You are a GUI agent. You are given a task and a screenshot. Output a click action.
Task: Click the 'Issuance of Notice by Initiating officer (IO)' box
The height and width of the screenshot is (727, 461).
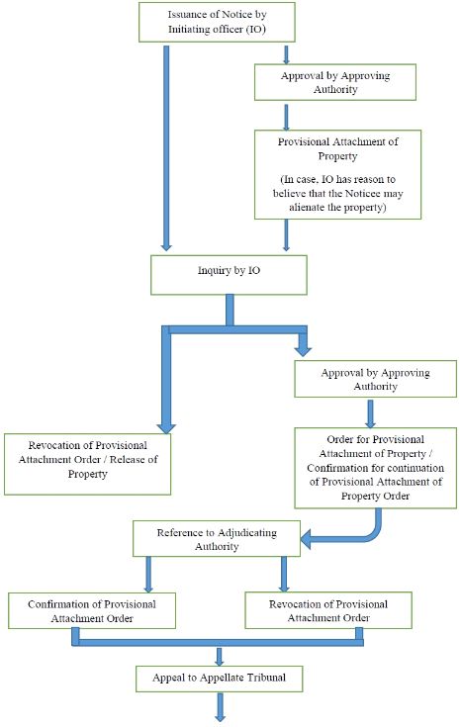217,22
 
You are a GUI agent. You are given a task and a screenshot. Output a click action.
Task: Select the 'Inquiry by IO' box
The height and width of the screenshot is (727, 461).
229,275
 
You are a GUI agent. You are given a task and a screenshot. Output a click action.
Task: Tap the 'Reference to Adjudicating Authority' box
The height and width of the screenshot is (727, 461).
217,538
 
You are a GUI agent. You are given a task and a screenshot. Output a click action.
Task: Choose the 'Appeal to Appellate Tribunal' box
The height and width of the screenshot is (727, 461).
219,679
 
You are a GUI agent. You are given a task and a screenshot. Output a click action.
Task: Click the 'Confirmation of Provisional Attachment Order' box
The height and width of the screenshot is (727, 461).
92,610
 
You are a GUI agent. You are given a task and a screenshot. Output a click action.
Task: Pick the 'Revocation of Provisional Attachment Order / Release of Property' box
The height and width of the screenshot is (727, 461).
88,464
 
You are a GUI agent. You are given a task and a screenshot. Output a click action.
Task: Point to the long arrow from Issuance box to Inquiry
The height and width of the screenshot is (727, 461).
166,148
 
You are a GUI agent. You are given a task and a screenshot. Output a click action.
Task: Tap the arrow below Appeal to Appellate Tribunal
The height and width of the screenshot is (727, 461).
220,707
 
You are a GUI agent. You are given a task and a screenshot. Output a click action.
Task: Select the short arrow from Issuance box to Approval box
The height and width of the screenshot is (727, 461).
286,54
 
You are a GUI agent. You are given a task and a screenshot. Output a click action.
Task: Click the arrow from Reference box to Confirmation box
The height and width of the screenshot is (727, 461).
148,575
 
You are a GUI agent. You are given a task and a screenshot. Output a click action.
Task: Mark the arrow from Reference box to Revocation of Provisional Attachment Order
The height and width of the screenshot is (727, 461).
284,574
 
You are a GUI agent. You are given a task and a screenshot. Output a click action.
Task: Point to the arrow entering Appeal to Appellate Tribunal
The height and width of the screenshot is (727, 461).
220,657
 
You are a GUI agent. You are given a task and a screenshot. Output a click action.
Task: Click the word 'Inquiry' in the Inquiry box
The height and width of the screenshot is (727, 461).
215,270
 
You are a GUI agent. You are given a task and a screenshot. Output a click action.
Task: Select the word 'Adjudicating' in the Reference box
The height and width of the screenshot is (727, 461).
246,533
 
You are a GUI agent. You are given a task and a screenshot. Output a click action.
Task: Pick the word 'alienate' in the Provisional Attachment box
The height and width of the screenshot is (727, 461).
307,208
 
